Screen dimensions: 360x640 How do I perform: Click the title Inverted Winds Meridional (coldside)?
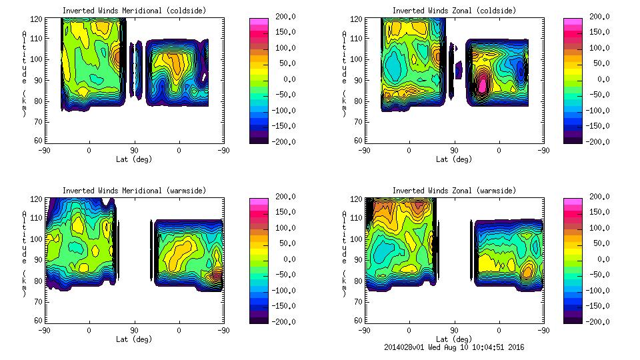click(x=133, y=11)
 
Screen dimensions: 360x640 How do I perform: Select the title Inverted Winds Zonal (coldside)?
click(x=454, y=11)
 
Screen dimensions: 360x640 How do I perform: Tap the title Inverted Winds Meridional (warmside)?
click(x=133, y=191)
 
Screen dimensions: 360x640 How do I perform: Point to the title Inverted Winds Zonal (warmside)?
click(x=454, y=191)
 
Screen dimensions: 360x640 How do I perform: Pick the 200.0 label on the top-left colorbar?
click(x=283, y=17)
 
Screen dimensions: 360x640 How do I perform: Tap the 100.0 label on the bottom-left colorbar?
click(x=283, y=228)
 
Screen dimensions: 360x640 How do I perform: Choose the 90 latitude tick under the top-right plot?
click(x=454, y=150)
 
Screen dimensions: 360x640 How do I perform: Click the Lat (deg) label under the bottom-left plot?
click(x=133, y=339)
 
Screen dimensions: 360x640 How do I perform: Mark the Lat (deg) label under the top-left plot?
click(x=133, y=159)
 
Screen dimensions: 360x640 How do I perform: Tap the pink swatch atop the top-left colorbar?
click(x=258, y=22)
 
